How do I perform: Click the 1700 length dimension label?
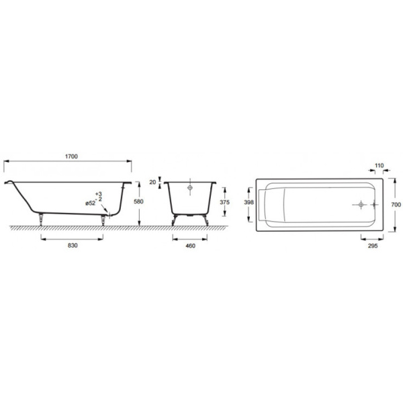tap(71, 156)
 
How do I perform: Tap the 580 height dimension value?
tap(138, 201)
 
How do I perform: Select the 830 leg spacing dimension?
tap(73, 245)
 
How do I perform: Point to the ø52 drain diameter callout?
tap(90, 204)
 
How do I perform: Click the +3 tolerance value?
tap(99, 194)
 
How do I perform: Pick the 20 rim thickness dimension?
tap(152, 182)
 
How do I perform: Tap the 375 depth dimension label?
tap(224, 202)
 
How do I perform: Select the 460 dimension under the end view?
tap(191, 246)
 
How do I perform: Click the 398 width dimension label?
tap(249, 202)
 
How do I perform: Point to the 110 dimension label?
tap(379, 165)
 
